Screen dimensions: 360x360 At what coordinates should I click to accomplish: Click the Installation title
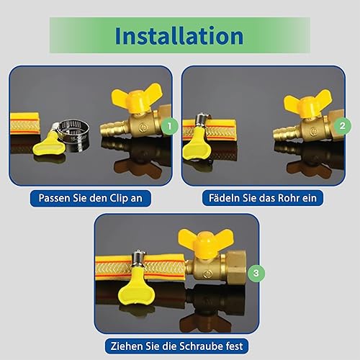(x=179, y=36)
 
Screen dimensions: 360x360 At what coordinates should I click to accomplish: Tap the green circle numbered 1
(x=169, y=126)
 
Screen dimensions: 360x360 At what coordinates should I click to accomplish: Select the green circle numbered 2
(x=342, y=125)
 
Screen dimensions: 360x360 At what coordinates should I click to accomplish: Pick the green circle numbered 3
(x=256, y=273)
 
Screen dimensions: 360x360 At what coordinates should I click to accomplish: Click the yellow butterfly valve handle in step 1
(x=136, y=98)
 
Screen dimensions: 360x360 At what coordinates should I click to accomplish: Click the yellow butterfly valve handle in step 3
(x=206, y=243)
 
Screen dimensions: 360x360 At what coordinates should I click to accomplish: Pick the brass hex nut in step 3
(x=236, y=267)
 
